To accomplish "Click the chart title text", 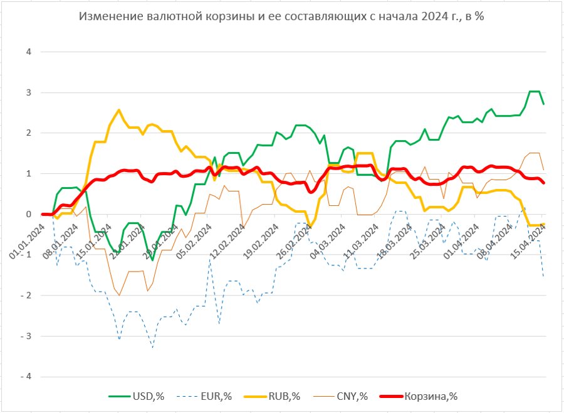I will click(282, 17).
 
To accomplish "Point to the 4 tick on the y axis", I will click(28, 52).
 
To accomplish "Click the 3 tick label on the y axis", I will click(28, 93).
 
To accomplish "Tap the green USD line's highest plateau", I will click(534, 91).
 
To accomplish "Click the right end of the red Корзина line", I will click(543, 183).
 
